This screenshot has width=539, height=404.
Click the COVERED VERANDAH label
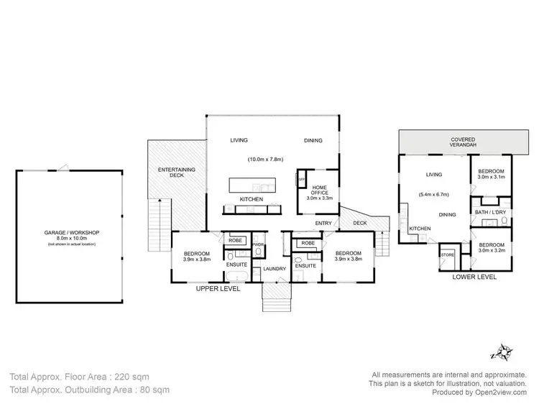(462, 141)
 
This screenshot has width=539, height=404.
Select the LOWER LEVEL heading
(471, 276)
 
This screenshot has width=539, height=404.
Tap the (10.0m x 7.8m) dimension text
(266, 159)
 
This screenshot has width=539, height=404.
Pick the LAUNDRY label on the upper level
(274, 269)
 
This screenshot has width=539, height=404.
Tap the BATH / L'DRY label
(489, 212)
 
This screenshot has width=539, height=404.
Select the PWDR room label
(259, 246)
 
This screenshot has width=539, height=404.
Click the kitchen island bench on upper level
(252, 185)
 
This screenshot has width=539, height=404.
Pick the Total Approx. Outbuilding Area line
(89, 390)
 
